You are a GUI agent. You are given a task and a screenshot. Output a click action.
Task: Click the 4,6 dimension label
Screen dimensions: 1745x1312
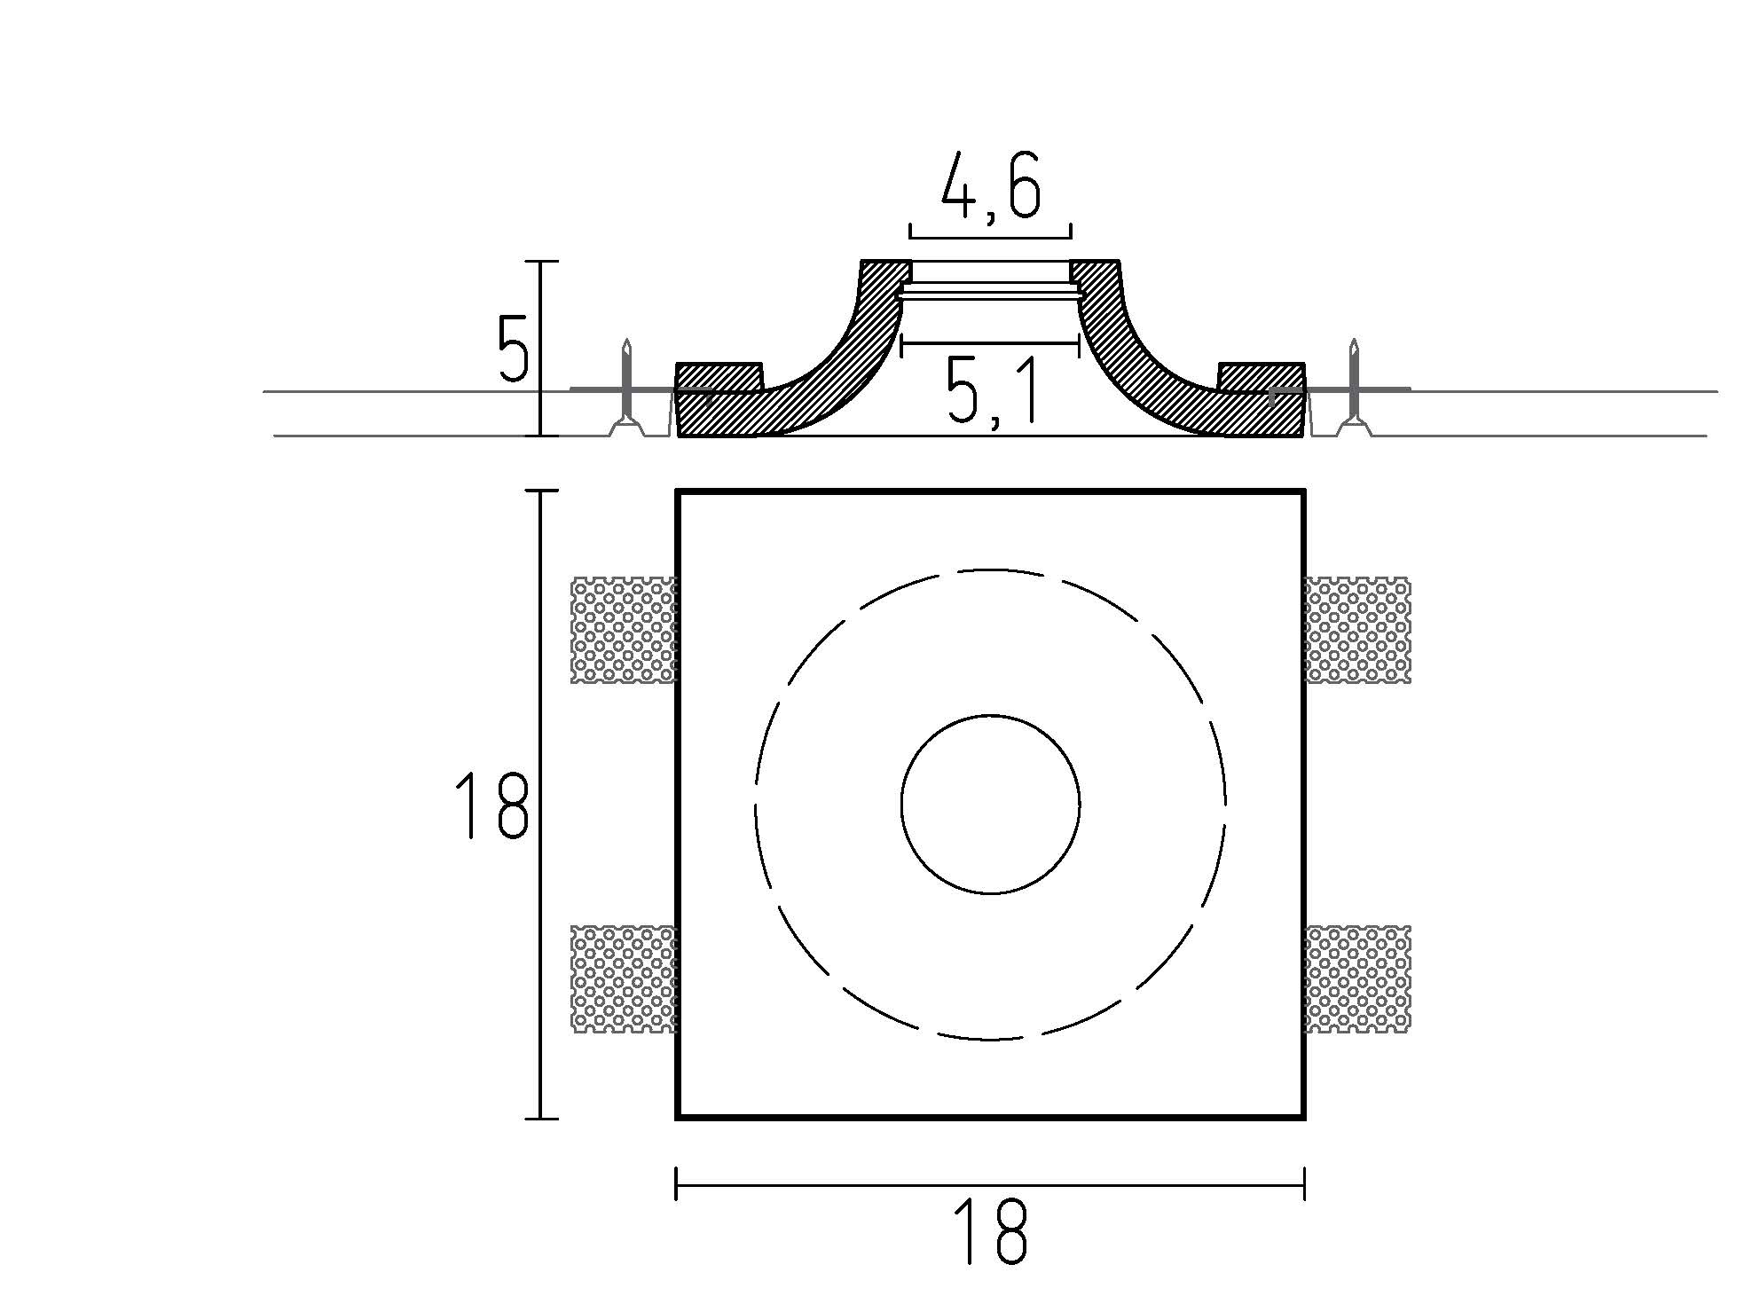(989, 186)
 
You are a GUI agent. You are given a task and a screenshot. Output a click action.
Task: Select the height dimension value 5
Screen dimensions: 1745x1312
(513, 348)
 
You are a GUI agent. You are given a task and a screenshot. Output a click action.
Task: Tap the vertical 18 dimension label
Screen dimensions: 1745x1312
(493, 805)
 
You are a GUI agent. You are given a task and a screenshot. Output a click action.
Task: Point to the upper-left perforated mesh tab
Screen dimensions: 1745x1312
(624, 630)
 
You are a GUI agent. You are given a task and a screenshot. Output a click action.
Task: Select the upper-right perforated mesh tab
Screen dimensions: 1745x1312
(1357, 630)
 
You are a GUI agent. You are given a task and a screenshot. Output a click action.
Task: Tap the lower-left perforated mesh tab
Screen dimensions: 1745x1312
(624, 978)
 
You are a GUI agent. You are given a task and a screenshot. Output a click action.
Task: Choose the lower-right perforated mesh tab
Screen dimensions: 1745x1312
(1357, 978)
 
